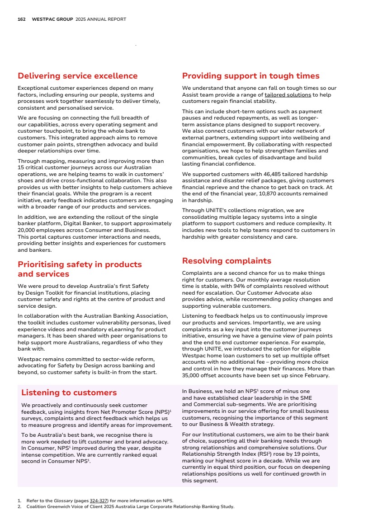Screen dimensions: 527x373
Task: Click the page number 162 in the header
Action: tap(21, 19)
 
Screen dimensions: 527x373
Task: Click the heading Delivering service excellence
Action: tap(77, 76)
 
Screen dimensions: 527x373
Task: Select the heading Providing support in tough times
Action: tap(250, 76)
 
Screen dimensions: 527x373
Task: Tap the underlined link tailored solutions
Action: tap(288, 95)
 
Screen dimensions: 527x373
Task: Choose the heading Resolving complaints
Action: tap(227, 261)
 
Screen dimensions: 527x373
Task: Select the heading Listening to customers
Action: tap(69, 393)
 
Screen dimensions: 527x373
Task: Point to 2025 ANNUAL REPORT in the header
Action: tap(101, 19)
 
